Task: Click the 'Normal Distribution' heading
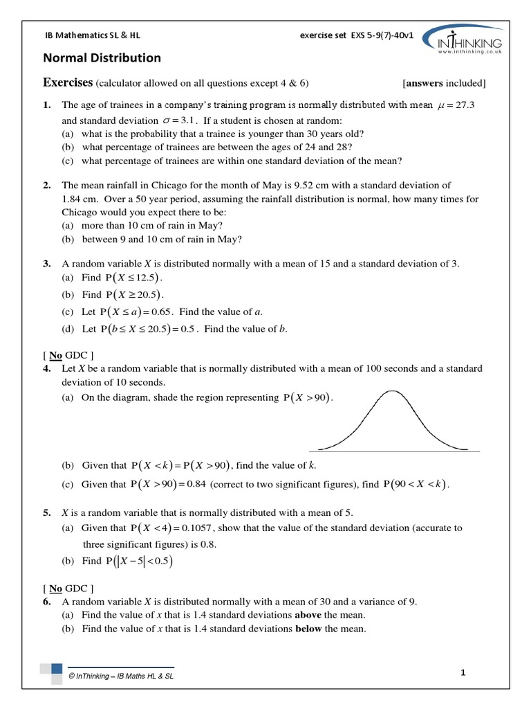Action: pos(102,58)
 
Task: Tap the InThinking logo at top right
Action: pos(462,39)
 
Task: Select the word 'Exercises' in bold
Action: pos(68,83)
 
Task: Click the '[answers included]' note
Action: pos(444,84)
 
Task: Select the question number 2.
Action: pos(46,186)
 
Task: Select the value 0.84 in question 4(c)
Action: pos(194,485)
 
